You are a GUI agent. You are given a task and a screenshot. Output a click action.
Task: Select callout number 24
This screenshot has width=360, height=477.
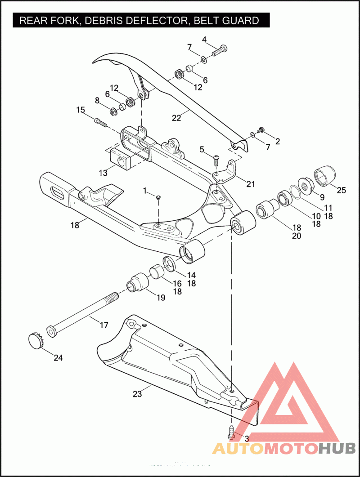click(x=58, y=358)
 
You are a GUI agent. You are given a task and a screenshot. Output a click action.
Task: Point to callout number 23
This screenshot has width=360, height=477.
click(x=137, y=394)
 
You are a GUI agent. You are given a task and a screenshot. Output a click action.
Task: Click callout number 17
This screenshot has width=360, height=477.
click(x=104, y=324)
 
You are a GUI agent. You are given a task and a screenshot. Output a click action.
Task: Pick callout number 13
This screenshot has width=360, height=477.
click(x=103, y=172)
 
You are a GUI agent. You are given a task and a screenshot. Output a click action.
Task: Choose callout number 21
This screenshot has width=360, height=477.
click(x=251, y=183)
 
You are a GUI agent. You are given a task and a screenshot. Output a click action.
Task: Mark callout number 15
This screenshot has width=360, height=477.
click(x=80, y=110)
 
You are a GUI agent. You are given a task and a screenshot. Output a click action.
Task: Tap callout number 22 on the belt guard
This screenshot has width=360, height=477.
click(x=176, y=118)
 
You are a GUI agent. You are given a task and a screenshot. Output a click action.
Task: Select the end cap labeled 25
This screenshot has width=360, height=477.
click(x=324, y=175)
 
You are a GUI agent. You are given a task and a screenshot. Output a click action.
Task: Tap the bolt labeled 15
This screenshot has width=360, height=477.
click(x=100, y=121)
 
